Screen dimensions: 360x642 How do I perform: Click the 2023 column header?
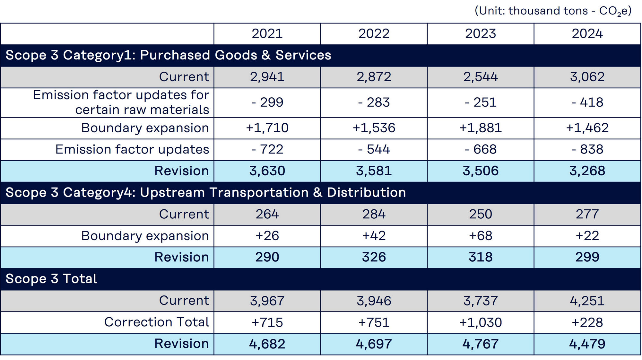(x=480, y=34)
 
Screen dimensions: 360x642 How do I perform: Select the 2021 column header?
(x=267, y=34)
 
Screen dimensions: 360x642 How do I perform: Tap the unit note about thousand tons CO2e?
(x=553, y=11)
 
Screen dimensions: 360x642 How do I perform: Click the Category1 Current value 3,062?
(x=587, y=77)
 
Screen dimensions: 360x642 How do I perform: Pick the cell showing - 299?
(x=267, y=102)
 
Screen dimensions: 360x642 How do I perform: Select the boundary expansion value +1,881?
(x=480, y=128)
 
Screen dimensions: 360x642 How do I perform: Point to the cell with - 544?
(x=374, y=149)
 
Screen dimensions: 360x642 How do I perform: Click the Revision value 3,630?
(x=267, y=171)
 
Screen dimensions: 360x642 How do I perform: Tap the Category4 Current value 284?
(x=374, y=214)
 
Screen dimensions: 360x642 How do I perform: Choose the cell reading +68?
(x=480, y=236)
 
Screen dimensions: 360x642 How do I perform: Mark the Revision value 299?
(x=587, y=257)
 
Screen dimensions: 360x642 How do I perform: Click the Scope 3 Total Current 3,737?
(x=480, y=301)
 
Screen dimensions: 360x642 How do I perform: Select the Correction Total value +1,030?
(x=480, y=322)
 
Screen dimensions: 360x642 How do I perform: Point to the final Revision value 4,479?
(x=587, y=344)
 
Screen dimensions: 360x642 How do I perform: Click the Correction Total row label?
(x=156, y=322)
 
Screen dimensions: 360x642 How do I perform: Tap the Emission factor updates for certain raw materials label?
(x=121, y=102)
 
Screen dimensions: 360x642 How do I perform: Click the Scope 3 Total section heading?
(x=51, y=279)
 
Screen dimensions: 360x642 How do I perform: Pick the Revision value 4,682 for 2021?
(x=267, y=344)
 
